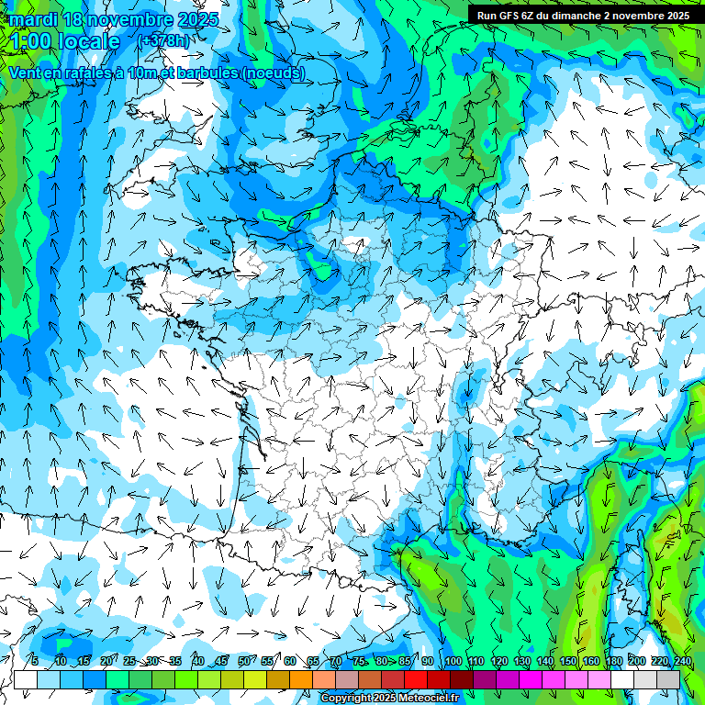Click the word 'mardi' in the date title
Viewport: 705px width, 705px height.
pyautogui.click(x=30, y=19)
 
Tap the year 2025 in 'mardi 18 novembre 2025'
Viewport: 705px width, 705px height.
pyautogui.click(x=196, y=19)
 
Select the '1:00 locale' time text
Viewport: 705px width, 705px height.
pyautogui.click(x=64, y=41)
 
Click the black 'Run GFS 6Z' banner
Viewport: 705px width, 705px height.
pyautogui.click(x=583, y=16)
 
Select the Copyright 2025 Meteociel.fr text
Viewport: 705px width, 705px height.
pyautogui.click(x=389, y=698)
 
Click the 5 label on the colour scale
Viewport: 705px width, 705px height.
pyautogui.click(x=35, y=661)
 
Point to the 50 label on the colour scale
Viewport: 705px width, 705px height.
pyautogui.click(x=243, y=661)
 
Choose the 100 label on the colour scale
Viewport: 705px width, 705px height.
pyautogui.click(x=453, y=661)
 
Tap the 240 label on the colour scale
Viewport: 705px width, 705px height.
pyautogui.click(x=682, y=661)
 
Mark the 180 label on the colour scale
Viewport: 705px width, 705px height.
pyautogui.click(x=613, y=661)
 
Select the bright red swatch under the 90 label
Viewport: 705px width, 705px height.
pyautogui.click(x=416, y=679)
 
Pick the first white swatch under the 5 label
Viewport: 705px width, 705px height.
pyautogui.click(x=26, y=679)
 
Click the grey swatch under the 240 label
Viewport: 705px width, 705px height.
pyautogui.click(x=668, y=679)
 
